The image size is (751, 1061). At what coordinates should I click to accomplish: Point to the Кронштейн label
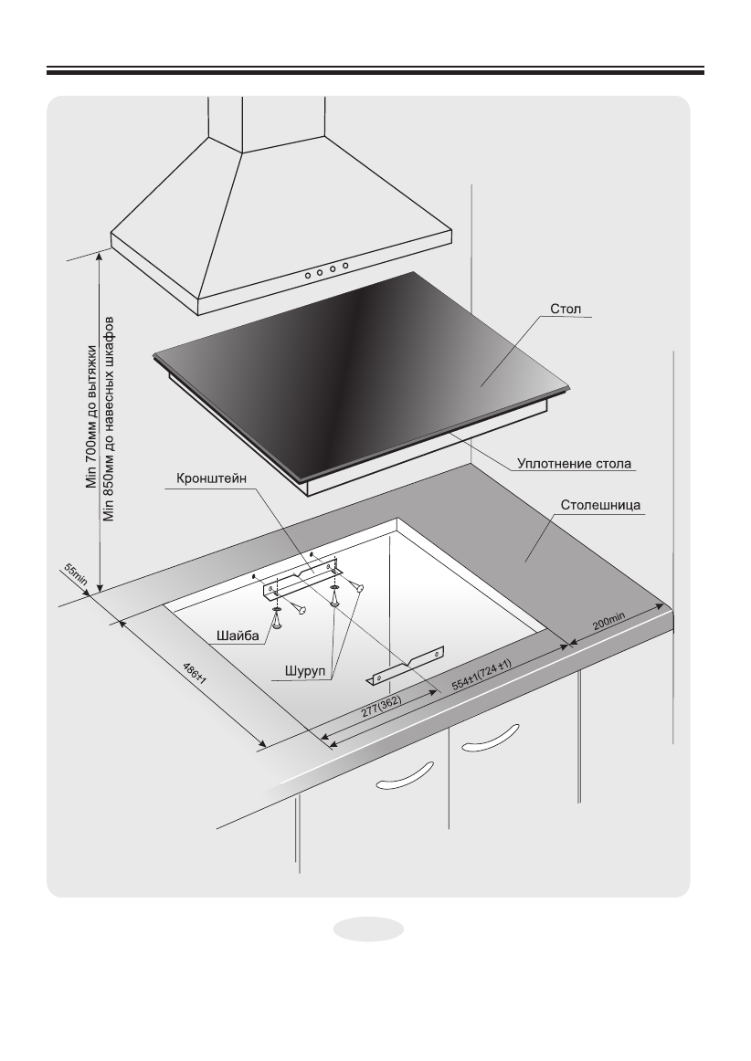click(206, 480)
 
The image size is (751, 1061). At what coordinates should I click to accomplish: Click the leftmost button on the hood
click(309, 273)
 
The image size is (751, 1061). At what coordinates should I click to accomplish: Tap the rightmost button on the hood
click(346, 266)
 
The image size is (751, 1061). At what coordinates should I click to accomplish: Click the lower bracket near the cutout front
click(406, 667)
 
